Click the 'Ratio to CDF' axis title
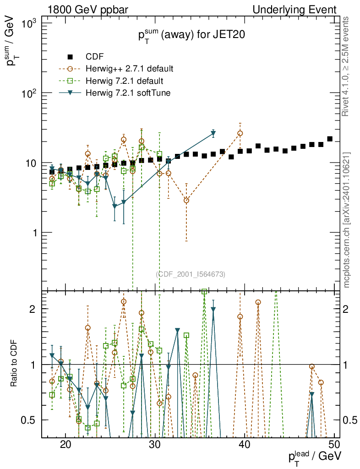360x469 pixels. click(x=14, y=365)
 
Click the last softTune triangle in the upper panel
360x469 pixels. click(x=213, y=134)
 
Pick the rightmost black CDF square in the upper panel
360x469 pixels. click(x=330, y=139)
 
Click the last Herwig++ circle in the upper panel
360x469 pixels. click(x=240, y=133)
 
